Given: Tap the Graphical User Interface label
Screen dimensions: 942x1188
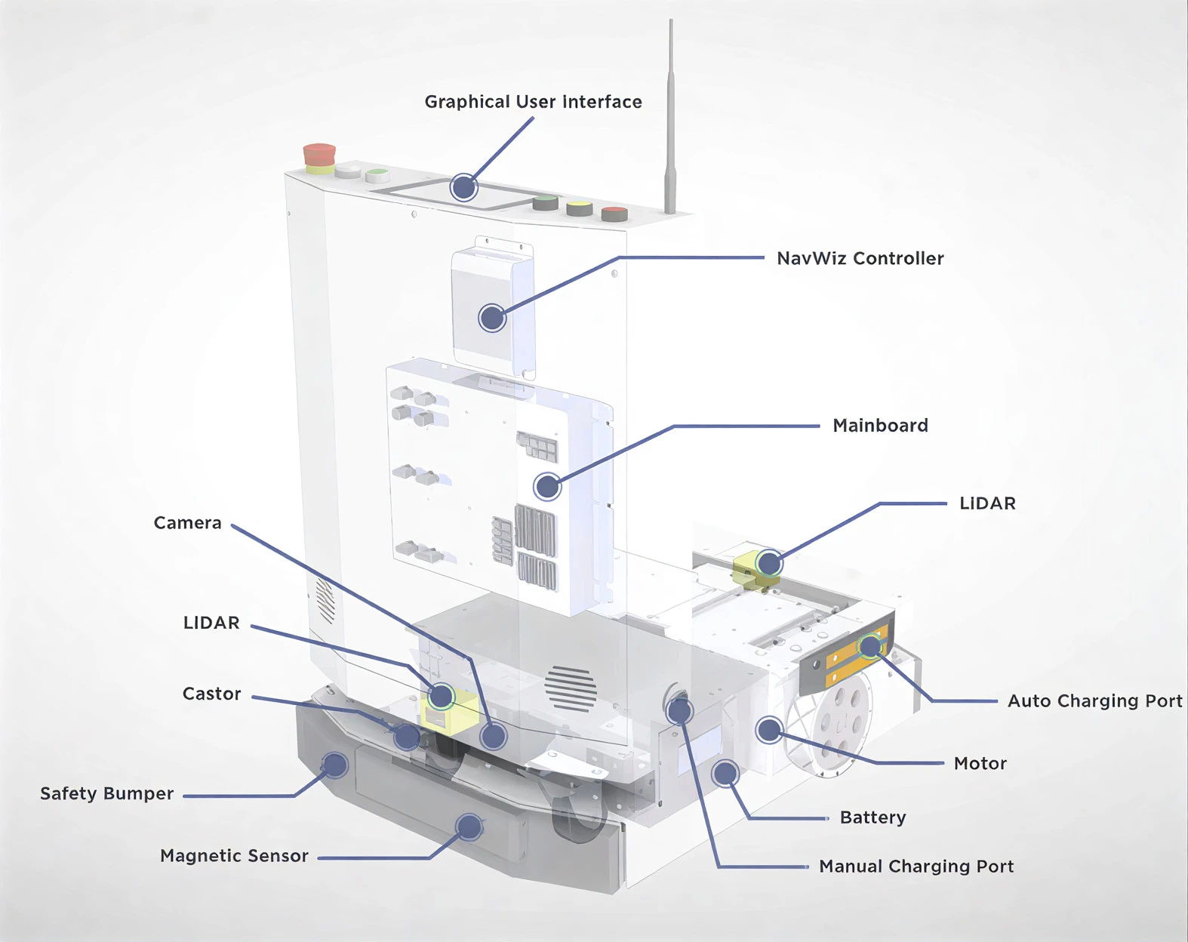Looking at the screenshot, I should tap(533, 102).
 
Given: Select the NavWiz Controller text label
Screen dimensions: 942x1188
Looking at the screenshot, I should tap(860, 258).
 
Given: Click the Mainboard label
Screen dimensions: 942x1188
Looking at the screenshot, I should tap(880, 426).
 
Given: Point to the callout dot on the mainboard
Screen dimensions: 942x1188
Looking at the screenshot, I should tap(547, 486).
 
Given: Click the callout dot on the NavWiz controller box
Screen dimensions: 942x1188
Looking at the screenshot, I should tap(492, 318).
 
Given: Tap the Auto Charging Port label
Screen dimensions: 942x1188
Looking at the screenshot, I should tap(1094, 701).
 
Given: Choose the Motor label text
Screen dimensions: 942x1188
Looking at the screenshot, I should tap(980, 763).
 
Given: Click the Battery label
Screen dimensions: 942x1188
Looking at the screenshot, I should tap(873, 817).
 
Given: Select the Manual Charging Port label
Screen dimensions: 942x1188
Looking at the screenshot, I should tap(916, 867).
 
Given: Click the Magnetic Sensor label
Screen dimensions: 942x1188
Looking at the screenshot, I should tap(234, 856).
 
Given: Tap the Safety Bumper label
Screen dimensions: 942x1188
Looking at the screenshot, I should tap(106, 794).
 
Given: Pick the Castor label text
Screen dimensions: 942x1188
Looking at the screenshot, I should tap(211, 694).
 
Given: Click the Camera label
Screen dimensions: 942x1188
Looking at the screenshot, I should tap(187, 523).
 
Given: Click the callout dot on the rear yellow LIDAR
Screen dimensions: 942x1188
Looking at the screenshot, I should tap(769, 563).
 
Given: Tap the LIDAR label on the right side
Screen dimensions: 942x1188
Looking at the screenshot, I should tap(986, 503).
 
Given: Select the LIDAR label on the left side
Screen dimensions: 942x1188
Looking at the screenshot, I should tap(211, 623).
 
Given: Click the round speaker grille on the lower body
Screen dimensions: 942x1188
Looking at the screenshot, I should tap(571, 688).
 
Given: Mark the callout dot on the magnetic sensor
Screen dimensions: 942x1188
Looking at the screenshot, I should tap(469, 827).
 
